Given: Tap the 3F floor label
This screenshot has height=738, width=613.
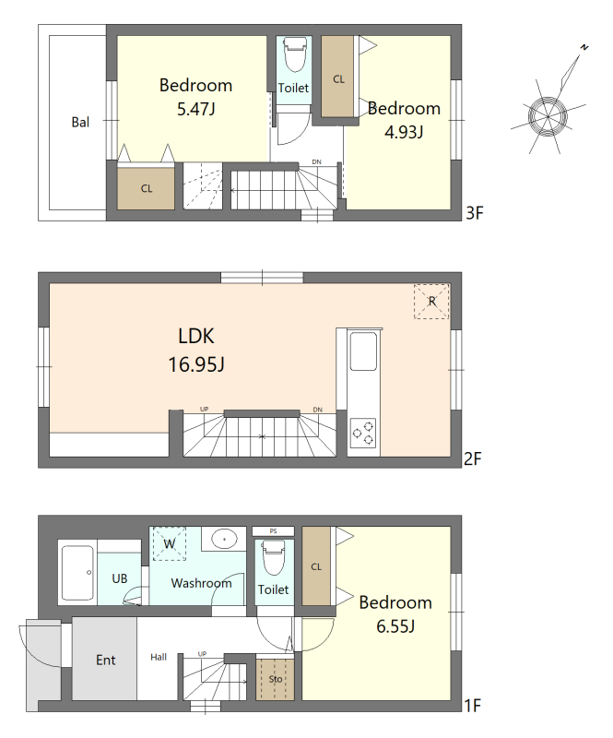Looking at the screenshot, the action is [x=474, y=213].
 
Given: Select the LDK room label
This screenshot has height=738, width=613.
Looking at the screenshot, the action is [x=196, y=337].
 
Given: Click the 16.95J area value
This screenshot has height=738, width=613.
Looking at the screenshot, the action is [x=196, y=364].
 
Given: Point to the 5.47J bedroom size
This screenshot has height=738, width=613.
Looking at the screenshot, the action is [x=196, y=109].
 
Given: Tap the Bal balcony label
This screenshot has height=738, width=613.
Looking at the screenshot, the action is [x=80, y=123].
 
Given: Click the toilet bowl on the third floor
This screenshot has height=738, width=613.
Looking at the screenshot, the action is [x=294, y=54].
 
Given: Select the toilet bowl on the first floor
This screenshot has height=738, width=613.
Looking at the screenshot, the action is [x=274, y=557].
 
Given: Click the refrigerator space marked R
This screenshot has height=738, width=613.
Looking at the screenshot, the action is [x=431, y=302].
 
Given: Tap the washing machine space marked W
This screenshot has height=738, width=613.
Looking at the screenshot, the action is [x=170, y=543].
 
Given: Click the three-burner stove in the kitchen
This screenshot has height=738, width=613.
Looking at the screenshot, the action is [x=363, y=433].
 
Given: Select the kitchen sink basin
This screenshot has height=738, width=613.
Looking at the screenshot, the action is [x=364, y=351].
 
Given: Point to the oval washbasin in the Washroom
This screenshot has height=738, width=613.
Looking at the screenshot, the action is [x=224, y=538].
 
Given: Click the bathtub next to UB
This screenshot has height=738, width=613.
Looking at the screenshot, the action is [x=77, y=573].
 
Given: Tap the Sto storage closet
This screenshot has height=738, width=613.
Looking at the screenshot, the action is [x=276, y=679].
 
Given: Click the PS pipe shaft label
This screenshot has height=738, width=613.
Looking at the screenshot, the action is [x=274, y=531].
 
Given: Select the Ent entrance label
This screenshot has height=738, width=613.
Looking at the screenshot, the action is [x=105, y=661].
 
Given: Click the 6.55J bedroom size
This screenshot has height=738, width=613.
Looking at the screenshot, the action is [x=395, y=627].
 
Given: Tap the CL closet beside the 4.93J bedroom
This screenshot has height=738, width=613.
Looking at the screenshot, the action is [x=338, y=77].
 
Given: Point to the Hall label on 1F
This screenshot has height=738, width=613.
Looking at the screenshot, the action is [x=159, y=657].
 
